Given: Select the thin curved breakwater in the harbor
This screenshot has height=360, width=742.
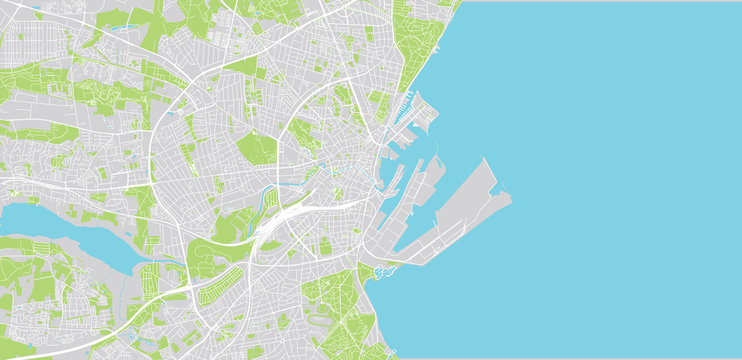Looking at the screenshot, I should [436, 160].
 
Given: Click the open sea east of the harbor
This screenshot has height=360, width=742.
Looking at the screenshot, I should [620, 180].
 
